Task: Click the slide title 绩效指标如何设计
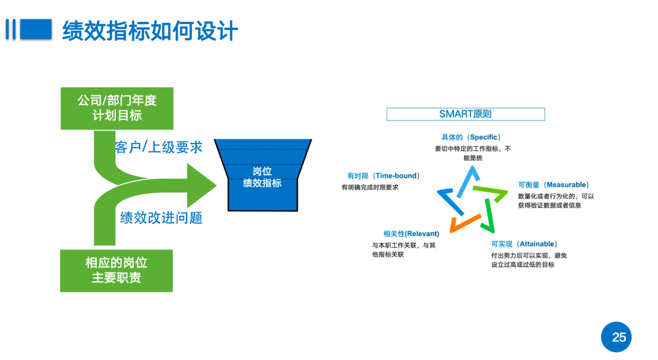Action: (150, 31)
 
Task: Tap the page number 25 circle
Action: (619, 337)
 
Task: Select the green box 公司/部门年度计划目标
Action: (117, 108)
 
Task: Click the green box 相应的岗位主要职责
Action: (116, 271)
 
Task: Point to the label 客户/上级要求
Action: (159, 147)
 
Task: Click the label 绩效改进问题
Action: (161, 218)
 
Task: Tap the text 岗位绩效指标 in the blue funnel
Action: (262, 177)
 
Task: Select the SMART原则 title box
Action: (465, 114)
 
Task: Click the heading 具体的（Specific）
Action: (471, 137)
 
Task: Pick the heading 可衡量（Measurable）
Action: (553, 185)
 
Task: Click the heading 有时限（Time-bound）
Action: (383, 175)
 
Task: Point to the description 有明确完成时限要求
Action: (370, 187)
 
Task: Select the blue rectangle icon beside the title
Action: (36, 29)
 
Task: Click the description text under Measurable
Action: (556, 201)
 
